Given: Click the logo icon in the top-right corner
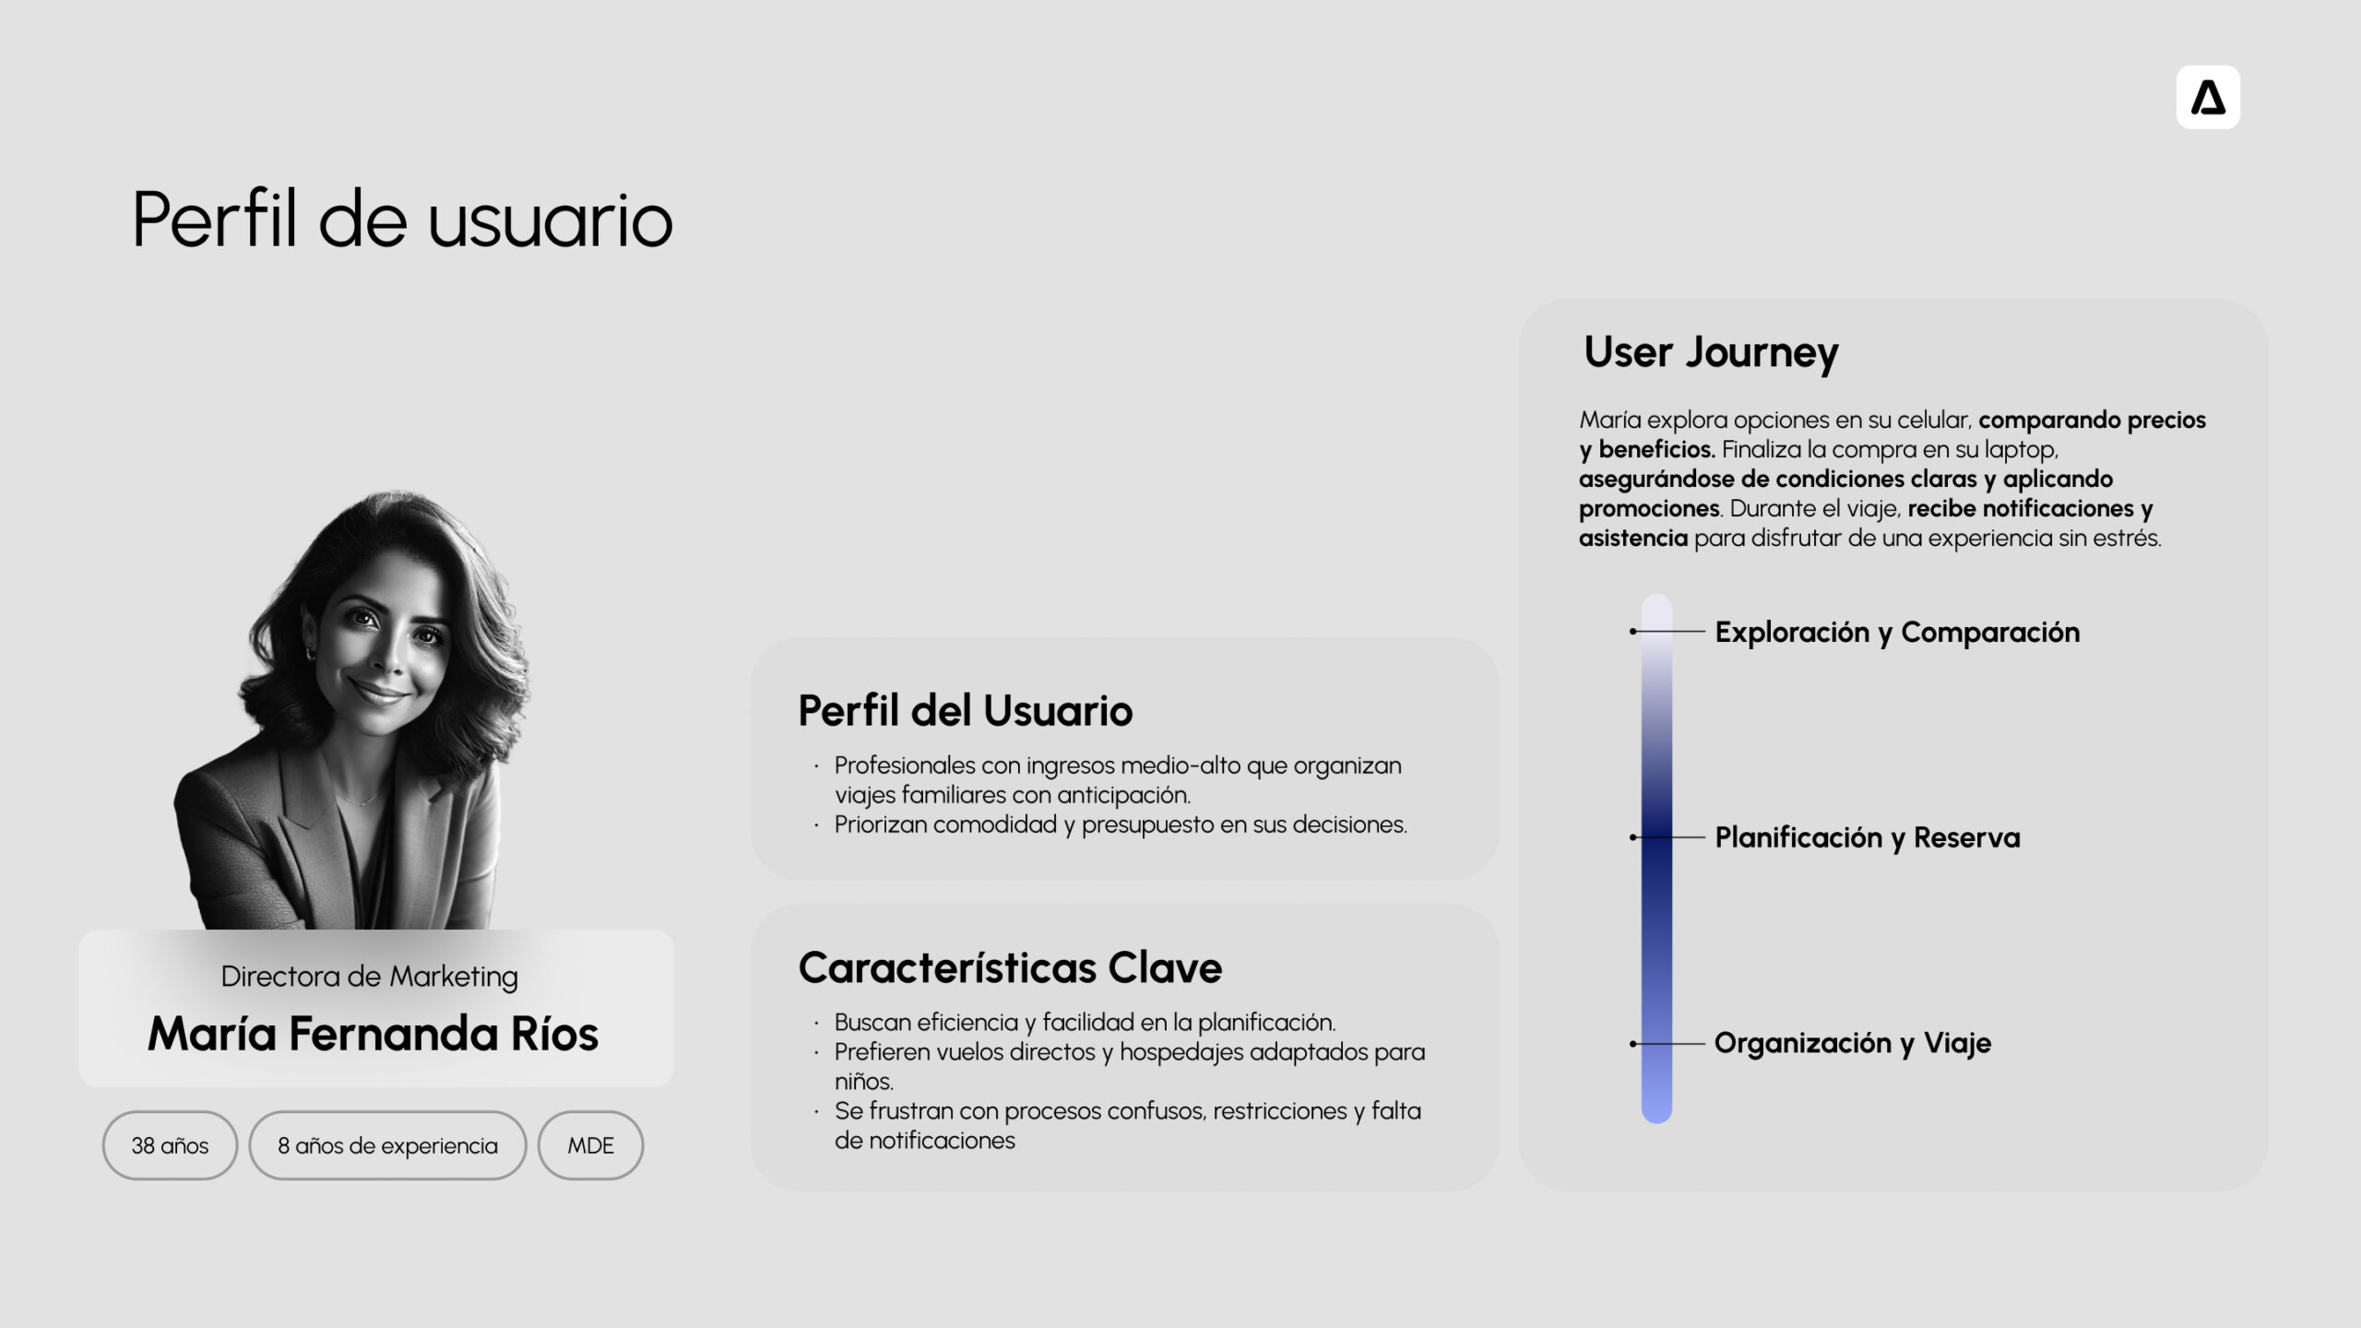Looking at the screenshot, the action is [2208, 97].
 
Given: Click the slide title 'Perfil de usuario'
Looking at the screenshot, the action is [402, 219].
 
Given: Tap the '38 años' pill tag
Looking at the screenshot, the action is [170, 1145].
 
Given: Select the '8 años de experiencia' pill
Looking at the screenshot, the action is [387, 1145].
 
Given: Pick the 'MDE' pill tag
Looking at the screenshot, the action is [590, 1145].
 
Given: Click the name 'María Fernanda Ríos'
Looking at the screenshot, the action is [374, 1034].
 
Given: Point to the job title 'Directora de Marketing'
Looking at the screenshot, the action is [369, 977].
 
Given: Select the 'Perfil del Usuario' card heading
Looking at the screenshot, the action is [965, 710].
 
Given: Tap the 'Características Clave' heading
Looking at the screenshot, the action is [1010, 967].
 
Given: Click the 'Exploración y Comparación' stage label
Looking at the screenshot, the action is [1897, 633].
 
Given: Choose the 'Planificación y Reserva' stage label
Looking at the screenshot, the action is [1868, 837].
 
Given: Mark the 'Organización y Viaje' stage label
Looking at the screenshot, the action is [1853, 1043].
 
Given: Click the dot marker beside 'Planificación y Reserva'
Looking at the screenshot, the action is [1633, 837].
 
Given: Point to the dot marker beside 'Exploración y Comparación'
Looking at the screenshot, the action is [1633, 632].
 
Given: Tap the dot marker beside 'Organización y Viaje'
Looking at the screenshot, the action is [1633, 1044].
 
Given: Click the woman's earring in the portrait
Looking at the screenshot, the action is [311, 653].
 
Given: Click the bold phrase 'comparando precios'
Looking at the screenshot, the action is [2092, 421].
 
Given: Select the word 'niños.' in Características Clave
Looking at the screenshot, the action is [864, 1082].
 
